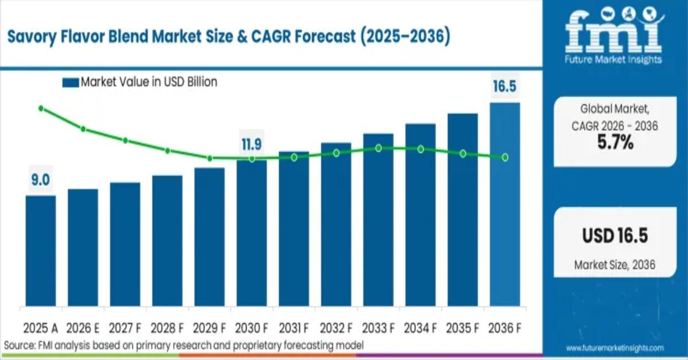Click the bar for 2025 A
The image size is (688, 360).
(41, 251)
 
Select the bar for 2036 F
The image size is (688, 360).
(505, 204)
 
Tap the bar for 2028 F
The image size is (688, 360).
(167, 240)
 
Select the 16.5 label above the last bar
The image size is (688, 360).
(505, 87)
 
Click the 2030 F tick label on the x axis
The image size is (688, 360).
(251, 328)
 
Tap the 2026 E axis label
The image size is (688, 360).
(83, 328)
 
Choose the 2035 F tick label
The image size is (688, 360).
(462, 328)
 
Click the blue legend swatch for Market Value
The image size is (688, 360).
(70, 83)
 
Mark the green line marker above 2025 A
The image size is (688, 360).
(41, 108)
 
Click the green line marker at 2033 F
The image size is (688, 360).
(378, 148)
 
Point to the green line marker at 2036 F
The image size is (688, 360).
(505, 157)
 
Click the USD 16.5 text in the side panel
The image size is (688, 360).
(615, 236)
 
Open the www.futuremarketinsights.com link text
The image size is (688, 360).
(615, 348)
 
